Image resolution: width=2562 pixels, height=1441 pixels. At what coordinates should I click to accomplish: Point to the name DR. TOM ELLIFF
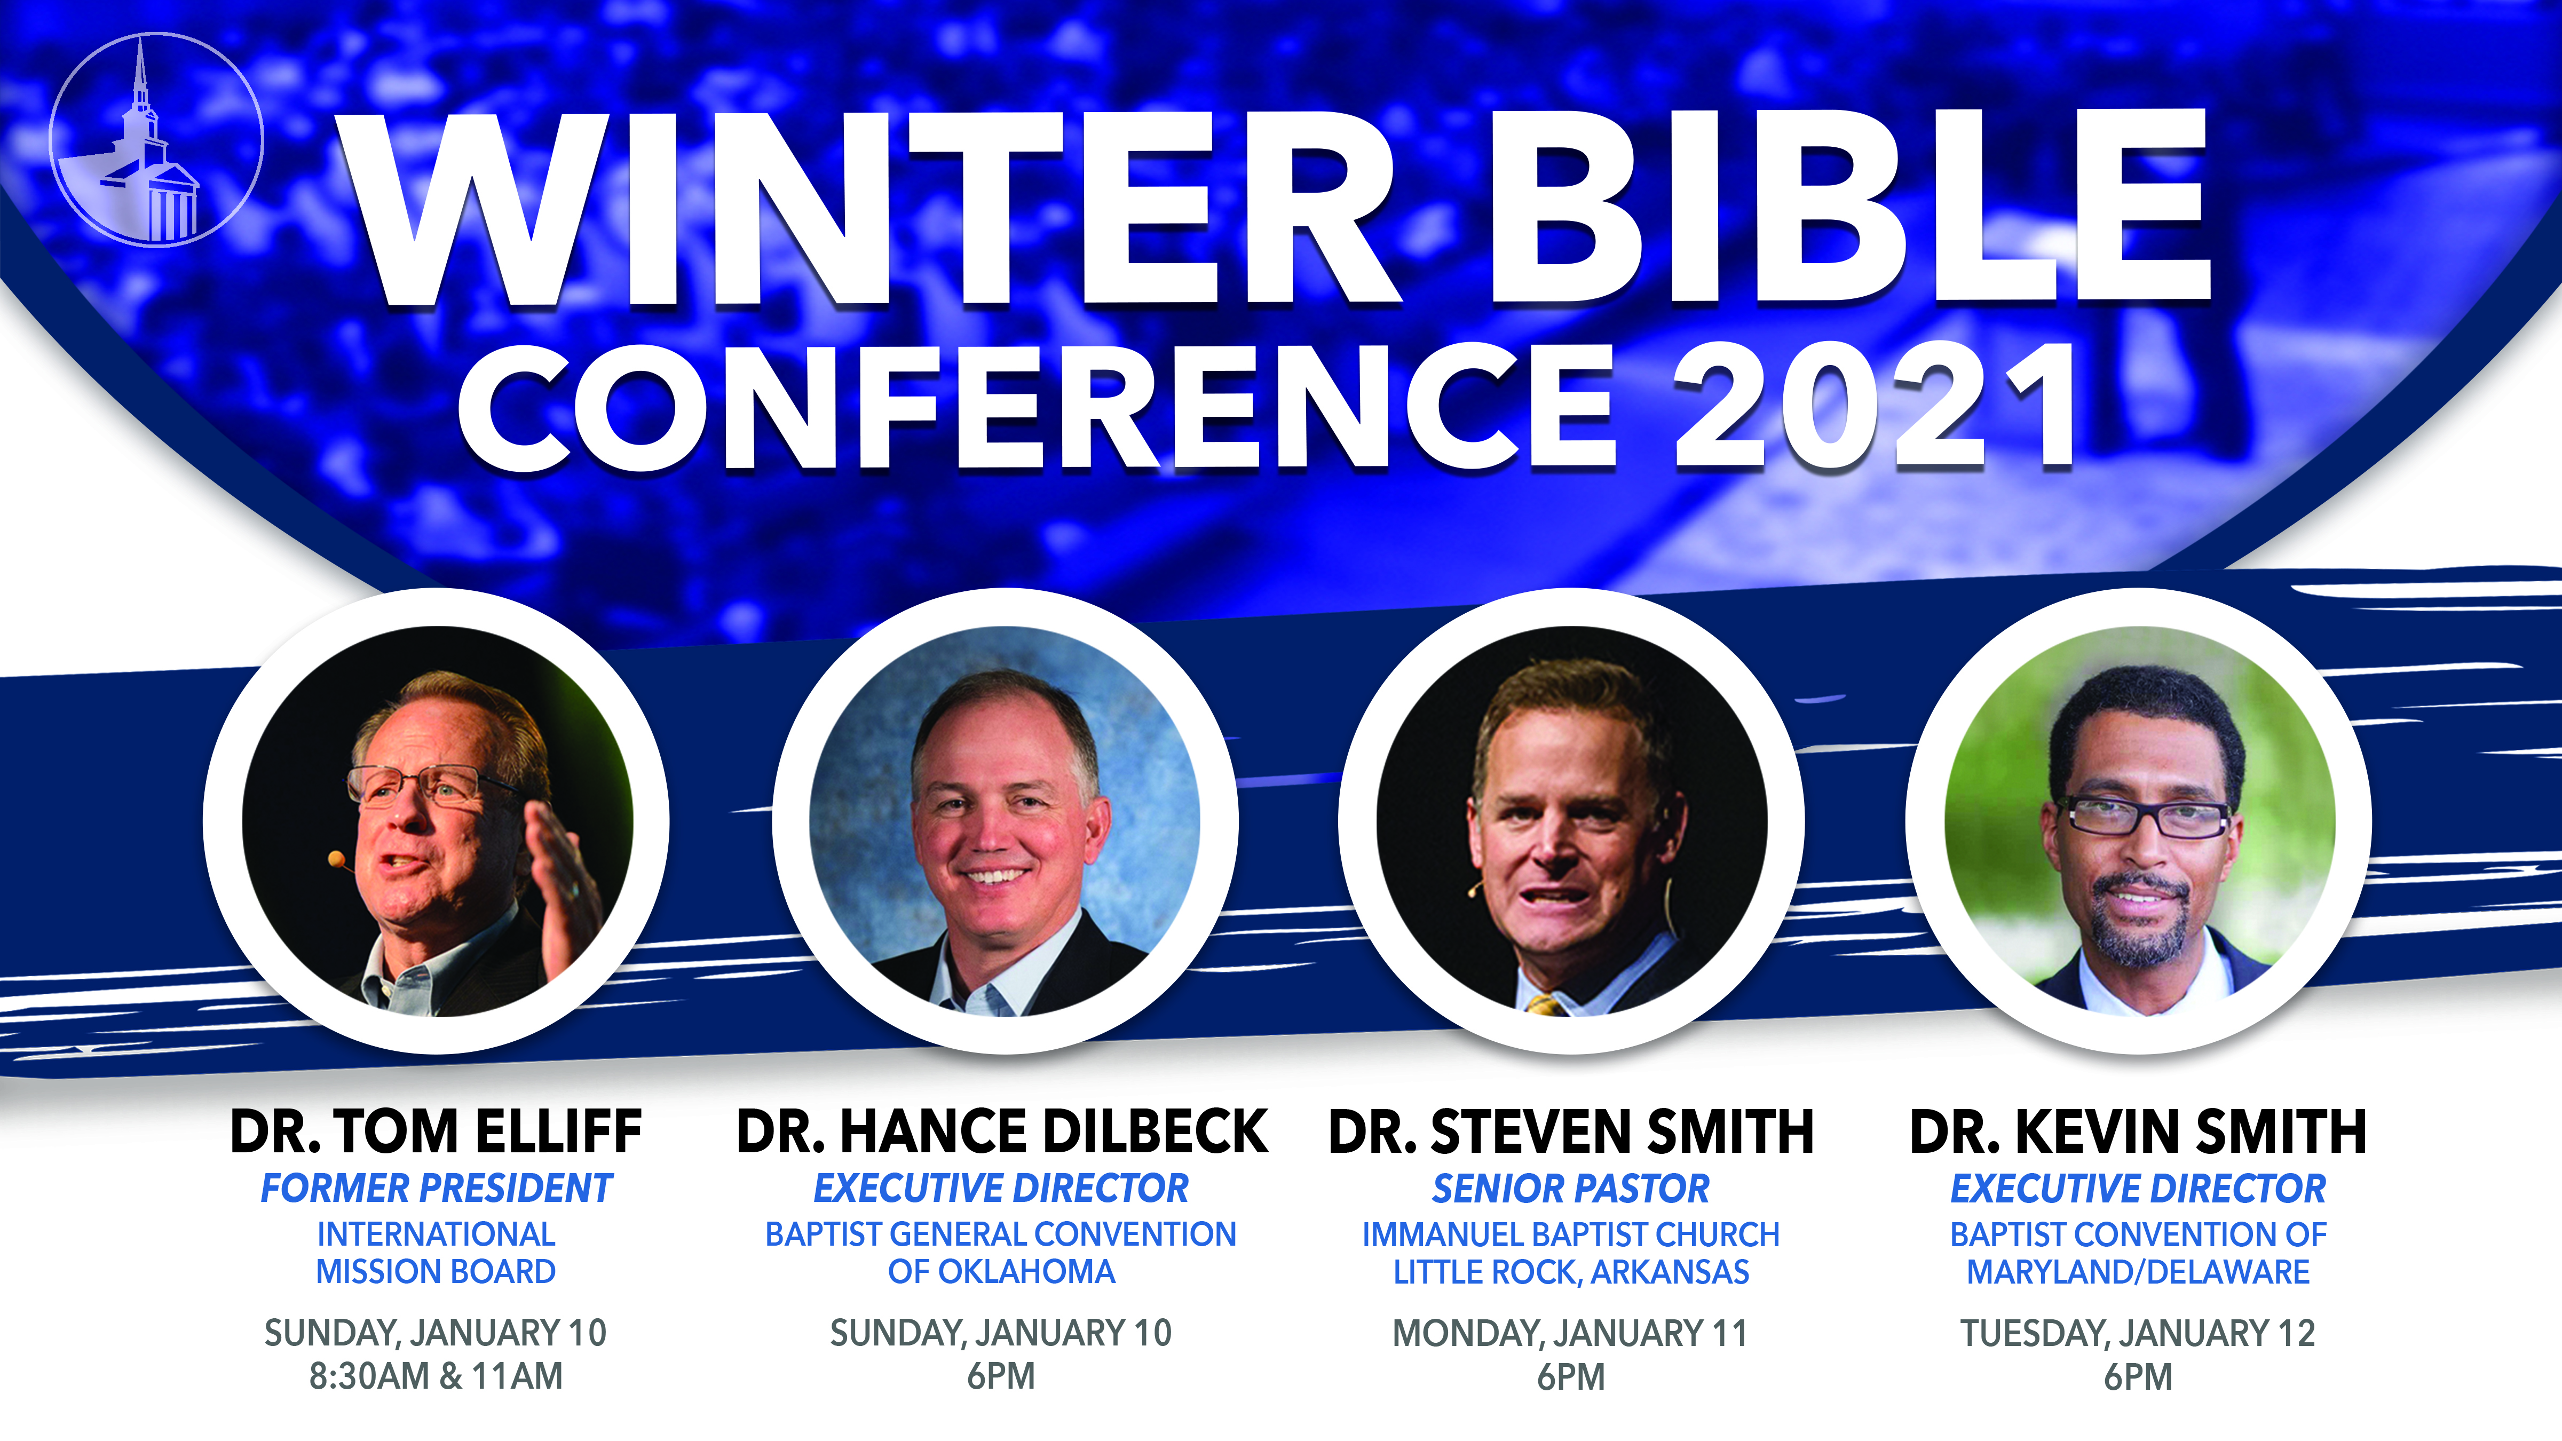436,1131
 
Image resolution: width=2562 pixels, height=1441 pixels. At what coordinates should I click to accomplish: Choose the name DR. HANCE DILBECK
1001,1131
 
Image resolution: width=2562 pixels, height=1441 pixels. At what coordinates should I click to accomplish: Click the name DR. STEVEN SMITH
1571,1131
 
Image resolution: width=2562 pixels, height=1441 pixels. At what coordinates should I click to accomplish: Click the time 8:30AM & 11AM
436,1376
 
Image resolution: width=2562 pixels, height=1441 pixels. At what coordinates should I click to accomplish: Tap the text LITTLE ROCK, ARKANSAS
1571,1272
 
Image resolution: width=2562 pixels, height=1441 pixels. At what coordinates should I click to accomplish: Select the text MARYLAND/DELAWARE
2138,1272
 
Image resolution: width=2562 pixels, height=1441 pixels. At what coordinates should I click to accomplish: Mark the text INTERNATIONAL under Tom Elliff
436,1234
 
